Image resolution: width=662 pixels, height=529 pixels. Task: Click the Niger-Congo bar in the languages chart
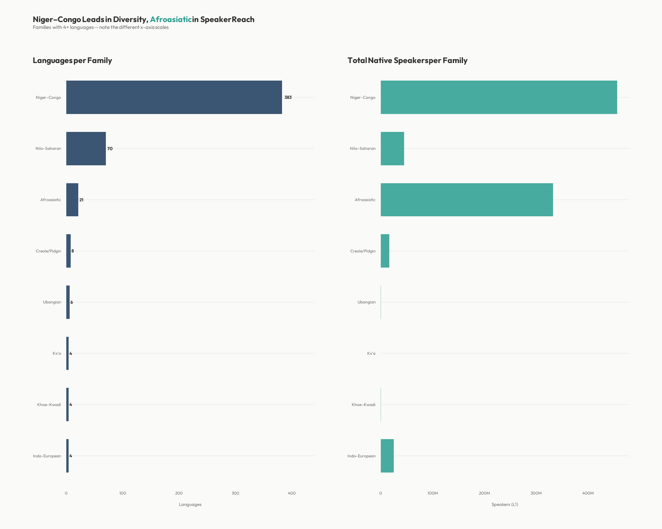coord(174,97)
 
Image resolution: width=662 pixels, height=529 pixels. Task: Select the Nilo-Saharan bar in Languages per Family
coord(86,148)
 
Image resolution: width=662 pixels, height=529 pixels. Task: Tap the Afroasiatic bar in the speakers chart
coord(467,200)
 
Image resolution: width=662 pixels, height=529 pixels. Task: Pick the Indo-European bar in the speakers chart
coord(387,456)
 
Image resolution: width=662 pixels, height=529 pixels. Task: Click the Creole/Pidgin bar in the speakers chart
coord(385,251)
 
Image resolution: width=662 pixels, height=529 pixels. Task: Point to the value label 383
coord(288,97)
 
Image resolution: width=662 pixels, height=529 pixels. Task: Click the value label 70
coord(110,149)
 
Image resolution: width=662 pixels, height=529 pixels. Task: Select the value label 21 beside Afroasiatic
coord(81,200)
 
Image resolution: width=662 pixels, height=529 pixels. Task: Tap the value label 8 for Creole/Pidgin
coord(72,251)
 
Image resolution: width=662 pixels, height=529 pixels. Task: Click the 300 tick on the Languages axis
coord(235,493)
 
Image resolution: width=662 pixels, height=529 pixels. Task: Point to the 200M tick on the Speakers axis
coord(484,493)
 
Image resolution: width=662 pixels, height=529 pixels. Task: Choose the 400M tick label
coord(588,493)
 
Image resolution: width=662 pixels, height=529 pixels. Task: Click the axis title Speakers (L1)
coord(505,505)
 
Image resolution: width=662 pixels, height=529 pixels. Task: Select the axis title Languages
coord(190,505)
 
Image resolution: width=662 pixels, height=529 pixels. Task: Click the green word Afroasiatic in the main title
coord(171,19)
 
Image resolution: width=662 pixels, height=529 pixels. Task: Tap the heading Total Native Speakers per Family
coord(407,60)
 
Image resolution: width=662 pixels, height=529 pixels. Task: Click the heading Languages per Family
coord(72,60)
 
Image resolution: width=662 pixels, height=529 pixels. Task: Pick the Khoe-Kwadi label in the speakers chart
coord(363,405)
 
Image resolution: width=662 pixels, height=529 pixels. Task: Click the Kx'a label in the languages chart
coord(57,353)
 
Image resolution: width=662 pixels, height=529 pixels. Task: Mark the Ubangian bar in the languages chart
coord(68,302)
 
